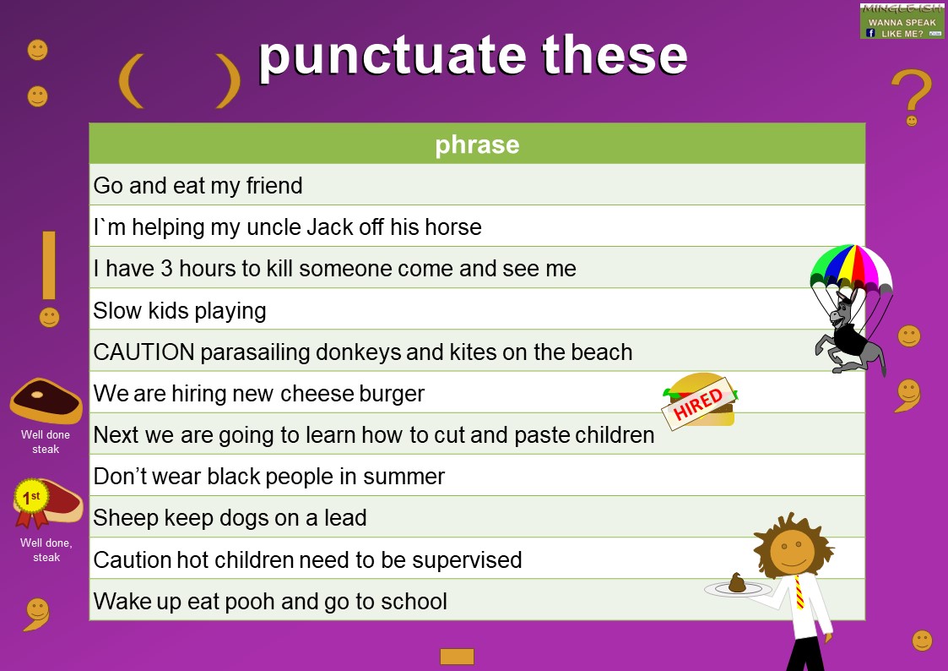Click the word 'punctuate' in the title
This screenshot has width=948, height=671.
tap(393, 57)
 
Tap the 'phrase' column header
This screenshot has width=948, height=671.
tap(477, 145)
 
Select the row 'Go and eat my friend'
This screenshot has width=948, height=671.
tap(198, 186)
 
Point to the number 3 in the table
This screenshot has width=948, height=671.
tap(167, 269)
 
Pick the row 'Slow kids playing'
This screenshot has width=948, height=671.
tap(180, 311)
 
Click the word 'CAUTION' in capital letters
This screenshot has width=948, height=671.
tap(144, 352)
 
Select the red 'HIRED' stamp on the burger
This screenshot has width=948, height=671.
tap(698, 404)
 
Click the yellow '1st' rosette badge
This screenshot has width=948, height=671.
tap(31, 497)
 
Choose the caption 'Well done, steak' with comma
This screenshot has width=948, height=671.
tap(46, 550)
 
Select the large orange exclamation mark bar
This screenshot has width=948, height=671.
tap(49, 265)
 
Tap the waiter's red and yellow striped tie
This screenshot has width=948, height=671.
tap(798, 592)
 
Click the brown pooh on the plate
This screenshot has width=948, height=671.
tap(737, 581)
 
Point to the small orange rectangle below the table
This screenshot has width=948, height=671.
tap(457, 657)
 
